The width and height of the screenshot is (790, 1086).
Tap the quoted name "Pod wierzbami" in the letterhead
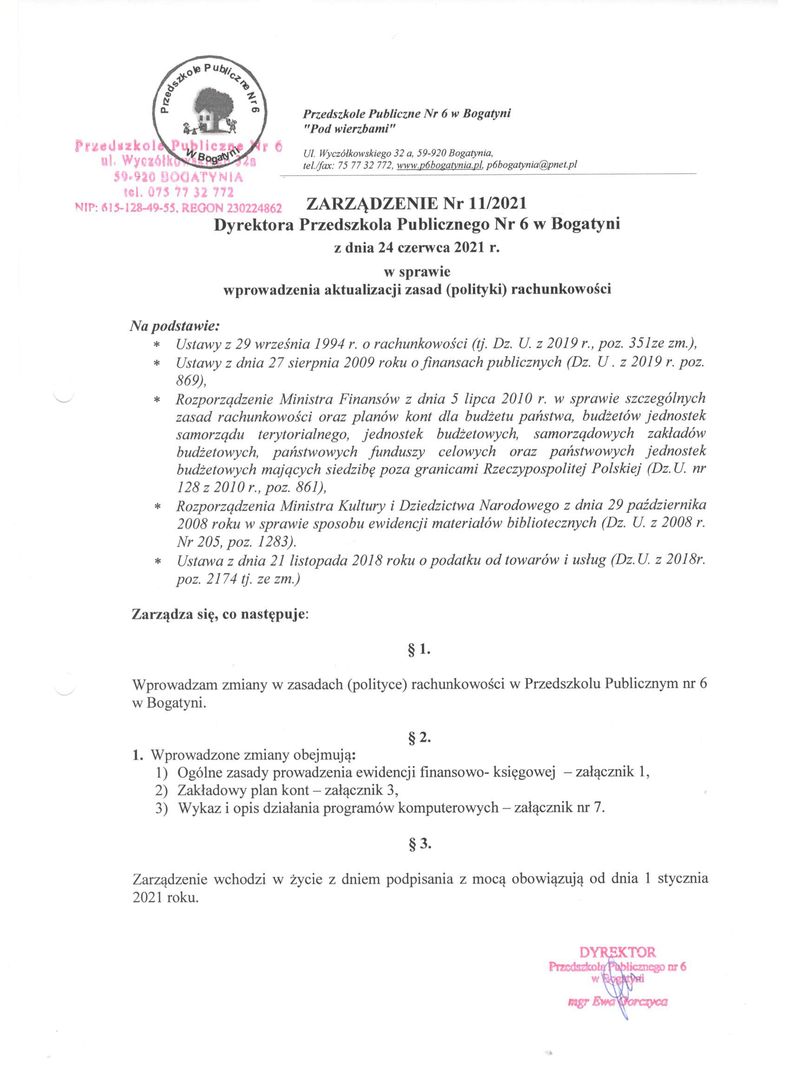(x=348, y=129)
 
